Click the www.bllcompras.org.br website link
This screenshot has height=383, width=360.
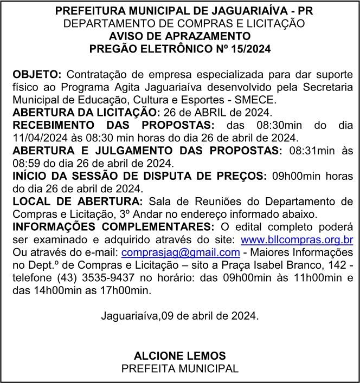click(x=297, y=239)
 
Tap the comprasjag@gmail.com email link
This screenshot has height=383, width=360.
click(x=181, y=252)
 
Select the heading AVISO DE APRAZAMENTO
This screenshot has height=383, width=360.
click(x=179, y=36)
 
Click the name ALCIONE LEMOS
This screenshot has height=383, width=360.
click(x=179, y=356)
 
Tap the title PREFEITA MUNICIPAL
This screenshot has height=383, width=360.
click(x=179, y=368)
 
